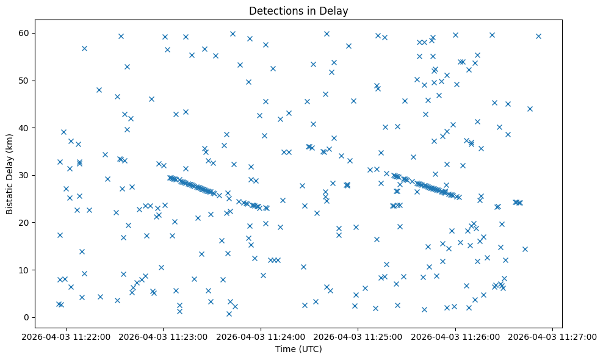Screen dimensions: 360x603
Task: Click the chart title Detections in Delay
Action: [298, 10]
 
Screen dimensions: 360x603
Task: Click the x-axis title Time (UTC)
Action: [298, 349]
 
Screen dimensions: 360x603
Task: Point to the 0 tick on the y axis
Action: [27, 317]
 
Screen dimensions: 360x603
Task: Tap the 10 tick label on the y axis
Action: [24, 270]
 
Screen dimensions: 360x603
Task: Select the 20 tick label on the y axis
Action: [24, 223]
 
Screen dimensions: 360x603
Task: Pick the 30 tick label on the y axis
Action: [24, 175]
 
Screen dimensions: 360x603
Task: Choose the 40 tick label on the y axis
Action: [24, 128]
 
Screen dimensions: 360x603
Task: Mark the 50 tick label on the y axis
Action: [24, 81]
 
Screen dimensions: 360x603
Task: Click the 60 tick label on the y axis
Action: [24, 33]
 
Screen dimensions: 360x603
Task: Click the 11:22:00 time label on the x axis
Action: [66, 336]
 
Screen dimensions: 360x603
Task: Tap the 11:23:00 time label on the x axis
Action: [164, 336]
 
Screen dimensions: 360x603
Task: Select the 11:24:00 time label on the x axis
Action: [261, 336]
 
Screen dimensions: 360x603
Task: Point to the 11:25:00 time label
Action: [358, 336]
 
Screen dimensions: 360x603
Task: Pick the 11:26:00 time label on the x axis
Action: [455, 336]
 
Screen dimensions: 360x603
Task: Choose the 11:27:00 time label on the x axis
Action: [553, 336]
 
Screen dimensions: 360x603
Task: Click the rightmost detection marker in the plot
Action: [538, 36]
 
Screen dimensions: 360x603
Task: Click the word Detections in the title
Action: [274, 10]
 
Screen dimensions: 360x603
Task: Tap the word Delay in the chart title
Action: [335, 10]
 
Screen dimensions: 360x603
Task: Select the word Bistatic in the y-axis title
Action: [10, 196]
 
